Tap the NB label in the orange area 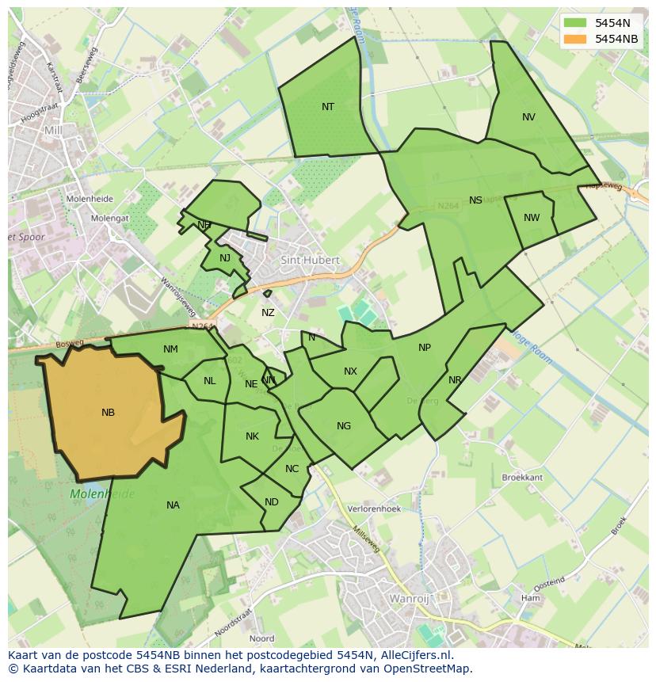(108, 413)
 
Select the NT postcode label (328, 107)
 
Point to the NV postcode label (528, 117)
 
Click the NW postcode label (532, 218)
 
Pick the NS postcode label (475, 200)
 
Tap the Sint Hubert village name (310, 260)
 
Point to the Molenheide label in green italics (102, 494)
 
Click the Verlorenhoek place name (375, 509)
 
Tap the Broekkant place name (522, 478)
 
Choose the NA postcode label (173, 505)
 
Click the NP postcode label (425, 348)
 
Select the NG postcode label (343, 426)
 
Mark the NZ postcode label (268, 313)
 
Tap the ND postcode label (272, 502)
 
